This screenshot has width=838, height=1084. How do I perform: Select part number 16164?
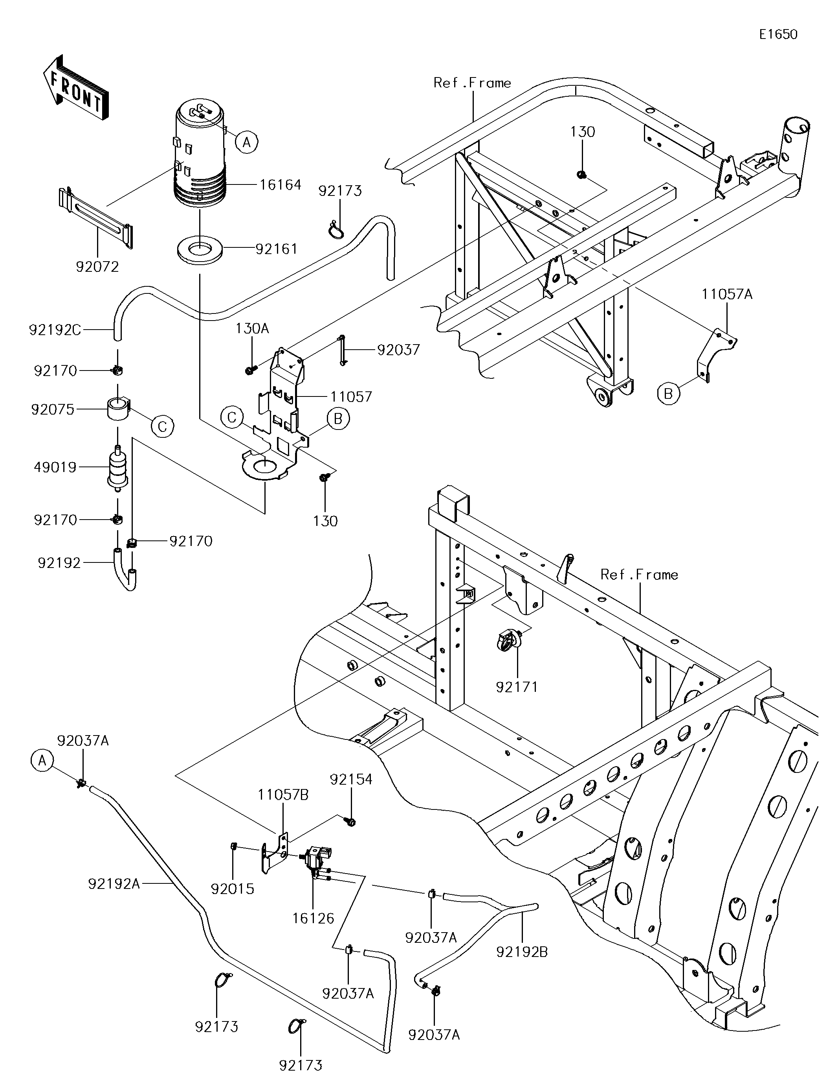pos(280,184)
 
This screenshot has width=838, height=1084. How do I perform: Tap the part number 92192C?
pos(55,330)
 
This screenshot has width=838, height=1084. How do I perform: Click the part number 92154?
pos(351,779)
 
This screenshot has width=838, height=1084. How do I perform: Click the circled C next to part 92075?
pos(163,426)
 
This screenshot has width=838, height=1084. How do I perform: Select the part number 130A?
pos(252,328)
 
